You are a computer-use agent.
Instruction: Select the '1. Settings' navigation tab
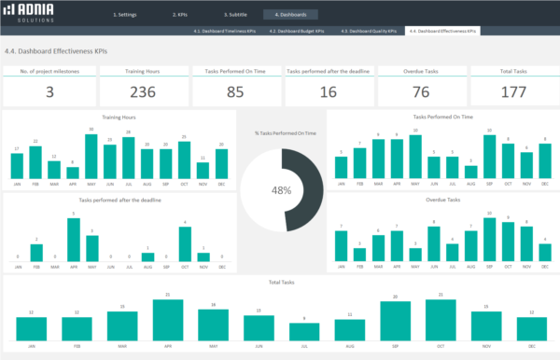[126, 15]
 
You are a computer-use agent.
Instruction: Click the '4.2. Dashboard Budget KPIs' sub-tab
[297, 31]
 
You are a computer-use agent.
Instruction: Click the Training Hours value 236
[142, 90]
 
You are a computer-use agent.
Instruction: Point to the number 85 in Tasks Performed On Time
[235, 90]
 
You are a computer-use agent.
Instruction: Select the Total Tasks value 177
[512, 90]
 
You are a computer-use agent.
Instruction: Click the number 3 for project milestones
[49, 90]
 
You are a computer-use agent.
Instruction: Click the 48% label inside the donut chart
[281, 190]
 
